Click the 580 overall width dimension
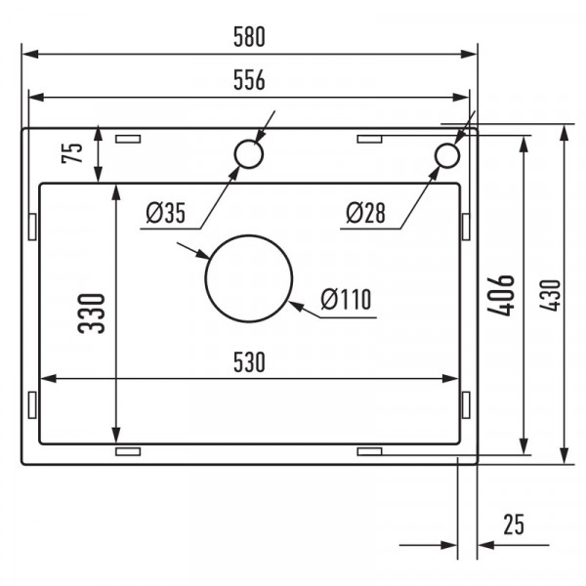point(249,37)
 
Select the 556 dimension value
point(249,81)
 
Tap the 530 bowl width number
point(249,362)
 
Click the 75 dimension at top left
point(71,154)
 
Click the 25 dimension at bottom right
point(514,525)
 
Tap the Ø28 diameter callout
point(367,212)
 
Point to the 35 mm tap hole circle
point(247,154)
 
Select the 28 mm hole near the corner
point(446,155)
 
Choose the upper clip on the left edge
point(33,228)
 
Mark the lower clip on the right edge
point(465,403)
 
